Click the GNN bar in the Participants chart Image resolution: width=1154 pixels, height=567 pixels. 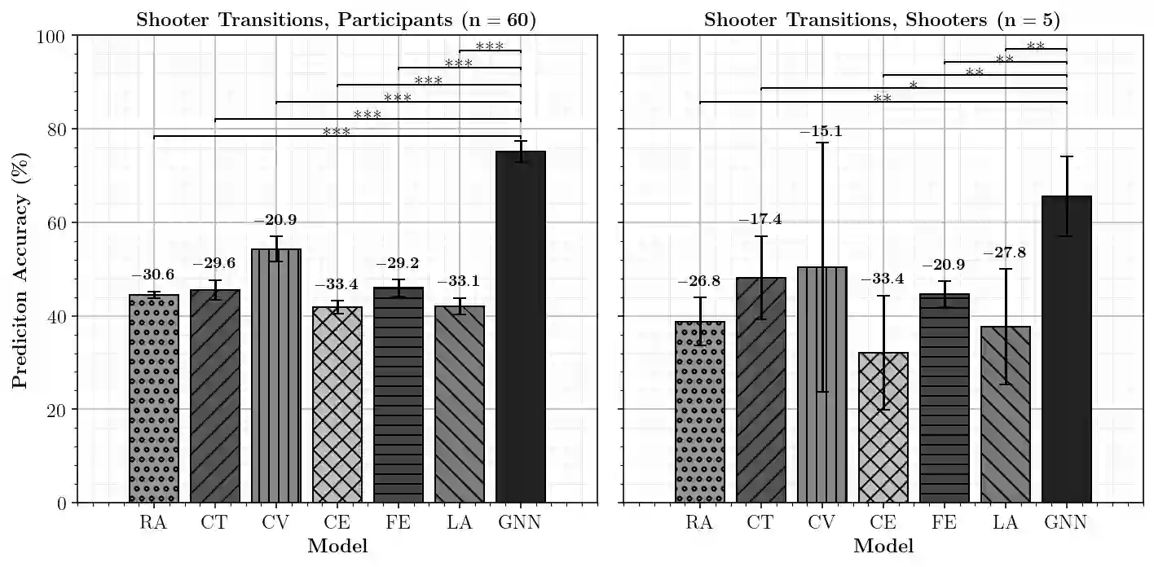(520, 326)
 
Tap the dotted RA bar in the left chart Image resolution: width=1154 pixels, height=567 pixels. (153, 398)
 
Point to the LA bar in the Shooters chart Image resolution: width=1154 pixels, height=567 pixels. (1006, 415)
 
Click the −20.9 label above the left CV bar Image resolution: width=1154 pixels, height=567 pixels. (276, 221)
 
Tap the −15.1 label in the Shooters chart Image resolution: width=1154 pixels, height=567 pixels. (822, 132)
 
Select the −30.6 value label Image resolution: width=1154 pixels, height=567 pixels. (153, 275)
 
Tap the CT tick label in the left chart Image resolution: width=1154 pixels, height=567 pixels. (214, 522)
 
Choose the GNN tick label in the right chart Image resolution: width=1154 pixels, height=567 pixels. (1066, 522)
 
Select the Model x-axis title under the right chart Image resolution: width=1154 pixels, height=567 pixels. (883, 546)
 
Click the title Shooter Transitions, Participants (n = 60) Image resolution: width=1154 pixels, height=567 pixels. (336, 20)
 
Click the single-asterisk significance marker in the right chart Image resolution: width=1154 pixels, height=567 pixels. (914, 86)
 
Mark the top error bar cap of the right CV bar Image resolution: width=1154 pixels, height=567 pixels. (822, 143)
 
